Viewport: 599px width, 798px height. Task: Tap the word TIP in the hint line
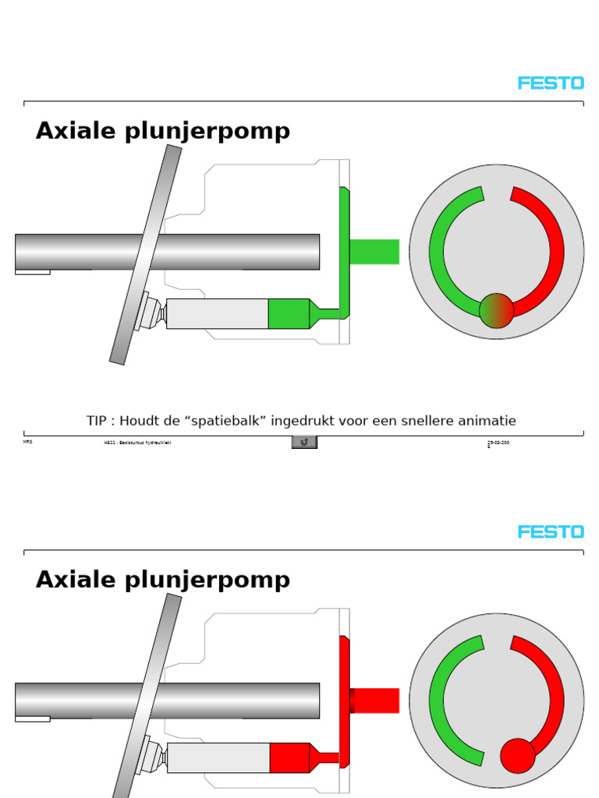point(96,421)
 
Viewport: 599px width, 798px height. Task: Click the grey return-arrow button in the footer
point(304,442)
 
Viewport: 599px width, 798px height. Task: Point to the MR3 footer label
point(28,442)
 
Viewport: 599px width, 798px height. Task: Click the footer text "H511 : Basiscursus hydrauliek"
point(137,443)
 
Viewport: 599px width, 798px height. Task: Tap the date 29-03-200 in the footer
point(498,443)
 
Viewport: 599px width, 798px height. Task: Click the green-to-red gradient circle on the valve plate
point(496,310)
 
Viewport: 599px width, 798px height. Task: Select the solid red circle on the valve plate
point(517,755)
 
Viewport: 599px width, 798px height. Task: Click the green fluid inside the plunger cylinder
point(288,313)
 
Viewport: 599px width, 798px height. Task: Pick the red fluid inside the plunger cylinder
point(289,757)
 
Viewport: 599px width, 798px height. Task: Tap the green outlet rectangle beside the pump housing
point(374,252)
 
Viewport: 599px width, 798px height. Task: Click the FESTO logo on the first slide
point(551,83)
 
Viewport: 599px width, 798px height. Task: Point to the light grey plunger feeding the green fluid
point(217,313)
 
